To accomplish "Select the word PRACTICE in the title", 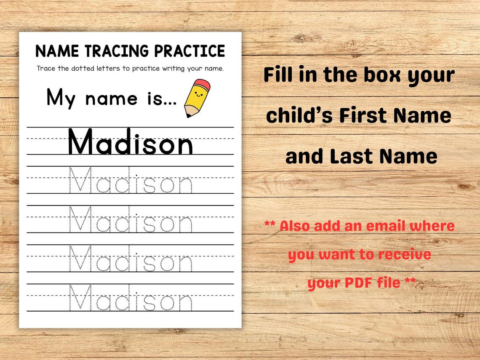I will coord(189,51).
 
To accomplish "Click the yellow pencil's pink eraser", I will coord(203,84).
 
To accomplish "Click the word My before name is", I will coord(61,98).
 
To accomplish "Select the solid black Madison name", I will coord(130,143).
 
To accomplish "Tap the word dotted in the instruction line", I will coord(85,68).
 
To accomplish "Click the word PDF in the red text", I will coord(360,282).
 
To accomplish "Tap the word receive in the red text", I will coord(404,254).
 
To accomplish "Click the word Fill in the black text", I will coord(278,75).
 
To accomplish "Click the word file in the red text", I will coord(389,282).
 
